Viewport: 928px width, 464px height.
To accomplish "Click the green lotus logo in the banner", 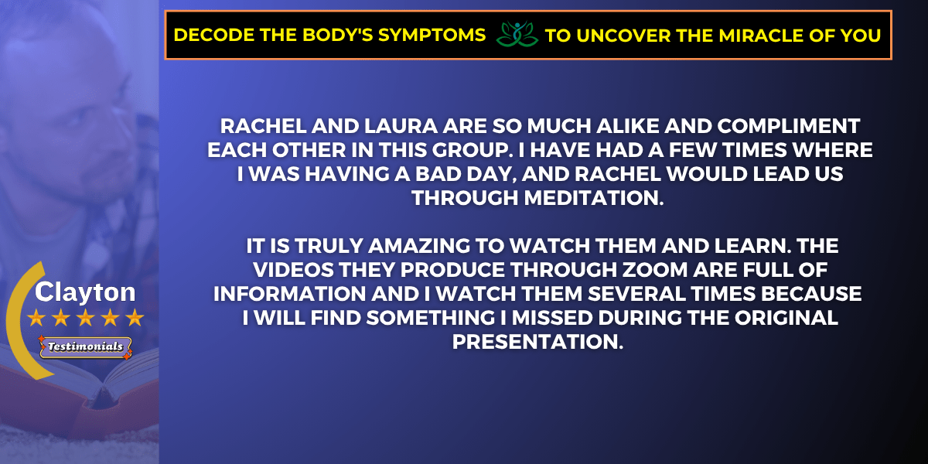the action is [517, 34].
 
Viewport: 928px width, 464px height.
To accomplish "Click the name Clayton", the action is [85, 292].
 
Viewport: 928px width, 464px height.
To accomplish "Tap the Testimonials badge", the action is [85, 346].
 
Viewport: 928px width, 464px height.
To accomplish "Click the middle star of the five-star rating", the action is [86, 318].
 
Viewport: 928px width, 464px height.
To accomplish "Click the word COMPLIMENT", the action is [789, 126].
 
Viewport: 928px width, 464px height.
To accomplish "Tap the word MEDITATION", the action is [594, 198].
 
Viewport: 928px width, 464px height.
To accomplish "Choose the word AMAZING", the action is [419, 246].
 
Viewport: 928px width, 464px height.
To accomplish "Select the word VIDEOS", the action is [293, 270].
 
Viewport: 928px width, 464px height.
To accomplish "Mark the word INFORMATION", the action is [289, 294].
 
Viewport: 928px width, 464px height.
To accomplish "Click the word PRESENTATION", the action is [537, 342].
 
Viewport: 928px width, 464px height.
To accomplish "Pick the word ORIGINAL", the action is [786, 318].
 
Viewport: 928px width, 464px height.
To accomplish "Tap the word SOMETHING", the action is [431, 318].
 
